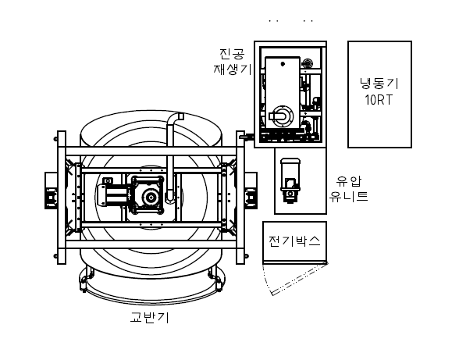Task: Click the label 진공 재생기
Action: pyautogui.click(x=233, y=62)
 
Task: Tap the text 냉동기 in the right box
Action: pyautogui.click(x=379, y=84)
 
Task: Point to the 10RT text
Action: pyautogui.click(x=378, y=100)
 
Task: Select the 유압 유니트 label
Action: pyautogui.click(x=348, y=189)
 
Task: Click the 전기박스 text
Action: pyautogui.click(x=294, y=241)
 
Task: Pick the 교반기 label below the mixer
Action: pyautogui.click(x=150, y=317)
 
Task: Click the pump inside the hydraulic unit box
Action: pyautogui.click(x=290, y=180)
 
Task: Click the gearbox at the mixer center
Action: pyautogui.click(x=148, y=194)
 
